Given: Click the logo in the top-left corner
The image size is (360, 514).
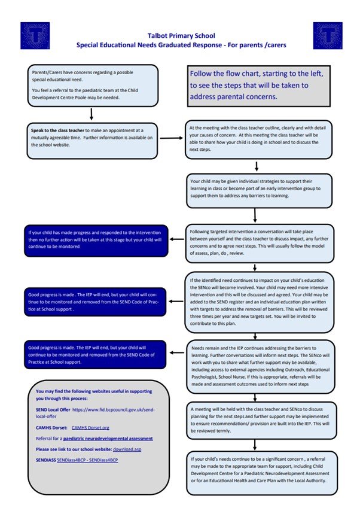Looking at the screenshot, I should click(35, 36).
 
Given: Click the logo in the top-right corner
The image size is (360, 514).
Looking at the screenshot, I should click(328, 36).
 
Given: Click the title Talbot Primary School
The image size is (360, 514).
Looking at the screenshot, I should click(181, 36).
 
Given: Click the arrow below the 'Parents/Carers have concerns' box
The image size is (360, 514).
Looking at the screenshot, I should click(91, 114).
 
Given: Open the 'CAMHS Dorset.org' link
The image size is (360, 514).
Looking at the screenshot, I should click(91, 428).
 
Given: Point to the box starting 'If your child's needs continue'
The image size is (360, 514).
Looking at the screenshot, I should click(258, 473).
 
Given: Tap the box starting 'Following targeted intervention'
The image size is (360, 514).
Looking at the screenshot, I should click(258, 242).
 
